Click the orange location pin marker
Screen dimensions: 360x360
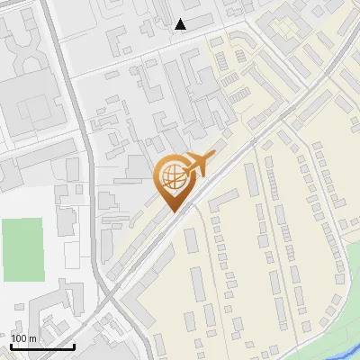[173, 183]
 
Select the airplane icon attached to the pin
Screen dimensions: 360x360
[197, 164]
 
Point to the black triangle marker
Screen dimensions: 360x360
[181, 24]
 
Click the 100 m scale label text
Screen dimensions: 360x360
[23, 338]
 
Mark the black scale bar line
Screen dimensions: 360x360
[42, 346]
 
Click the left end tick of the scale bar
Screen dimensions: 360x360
[12, 344]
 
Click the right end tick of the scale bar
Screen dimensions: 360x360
[74, 344]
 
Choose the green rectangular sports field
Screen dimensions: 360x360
[22, 248]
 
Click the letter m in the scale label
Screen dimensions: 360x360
[31, 338]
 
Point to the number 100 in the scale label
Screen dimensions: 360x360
[19, 338]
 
